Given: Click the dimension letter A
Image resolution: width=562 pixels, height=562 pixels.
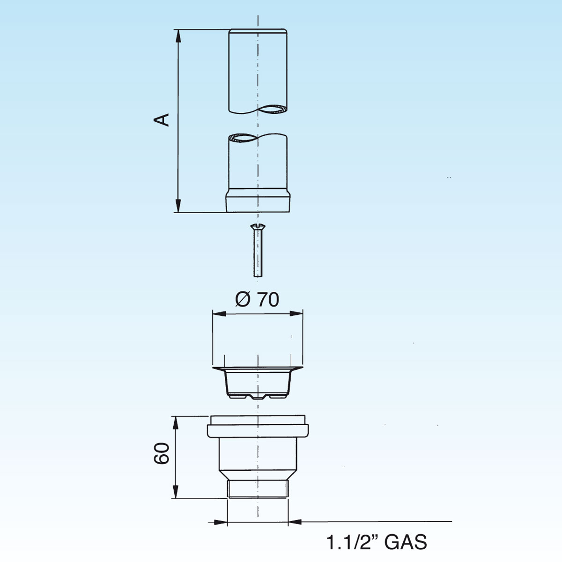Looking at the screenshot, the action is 161,120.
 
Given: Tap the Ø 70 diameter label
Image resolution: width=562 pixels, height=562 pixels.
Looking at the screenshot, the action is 257,300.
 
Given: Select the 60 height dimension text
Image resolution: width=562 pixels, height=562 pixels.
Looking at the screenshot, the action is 161,453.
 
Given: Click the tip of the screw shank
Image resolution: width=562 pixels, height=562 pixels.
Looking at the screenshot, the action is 258,276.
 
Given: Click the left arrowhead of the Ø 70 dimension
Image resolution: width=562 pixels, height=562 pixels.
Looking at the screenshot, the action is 220,313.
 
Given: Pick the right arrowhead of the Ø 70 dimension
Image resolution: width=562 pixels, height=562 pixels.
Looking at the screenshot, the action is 296,313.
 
